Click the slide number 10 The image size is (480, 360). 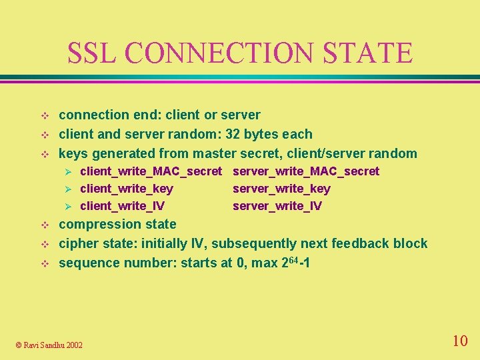(x=459, y=341)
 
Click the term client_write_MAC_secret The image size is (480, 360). (x=151, y=171)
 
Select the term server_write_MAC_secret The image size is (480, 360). (x=306, y=171)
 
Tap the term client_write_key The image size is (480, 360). (x=127, y=189)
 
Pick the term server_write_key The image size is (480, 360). (x=281, y=189)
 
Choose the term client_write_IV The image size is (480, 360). (x=123, y=206)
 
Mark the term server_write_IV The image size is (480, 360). (x=277, y=206)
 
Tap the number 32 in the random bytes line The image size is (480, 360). (x=233, y=134)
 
